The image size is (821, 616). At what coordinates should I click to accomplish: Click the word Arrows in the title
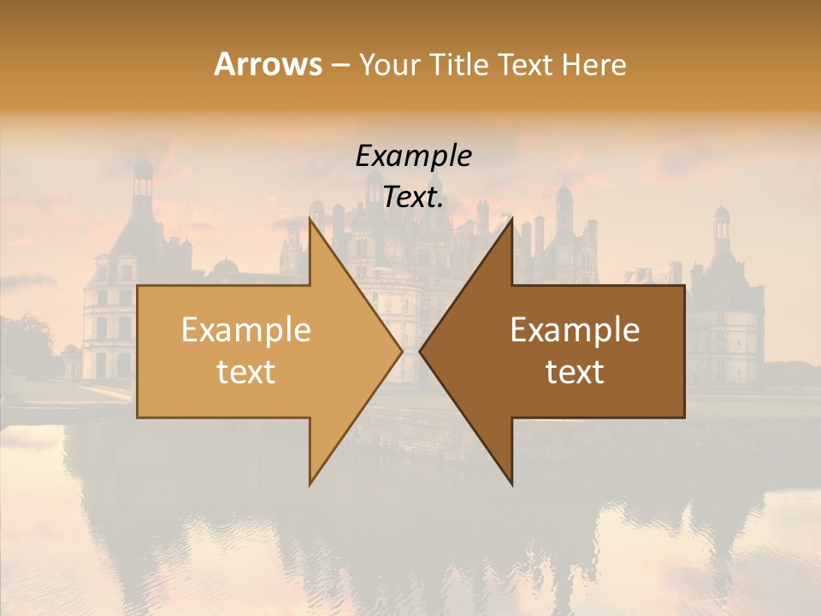coord(268,64)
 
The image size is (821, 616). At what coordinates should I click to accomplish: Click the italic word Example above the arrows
coord(413,156)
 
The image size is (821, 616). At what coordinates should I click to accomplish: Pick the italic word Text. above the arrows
coord(413,198)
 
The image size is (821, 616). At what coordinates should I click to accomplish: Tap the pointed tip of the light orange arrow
coord(400,351)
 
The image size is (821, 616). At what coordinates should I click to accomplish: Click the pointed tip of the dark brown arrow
coord(422,351)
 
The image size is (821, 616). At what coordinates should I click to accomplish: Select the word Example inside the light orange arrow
coord(246,330)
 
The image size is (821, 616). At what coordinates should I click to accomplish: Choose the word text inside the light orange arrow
coord(246,372)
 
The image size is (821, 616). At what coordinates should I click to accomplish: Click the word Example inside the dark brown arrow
coord(575,330)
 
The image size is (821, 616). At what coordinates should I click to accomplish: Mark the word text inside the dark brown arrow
coord(575,372)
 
